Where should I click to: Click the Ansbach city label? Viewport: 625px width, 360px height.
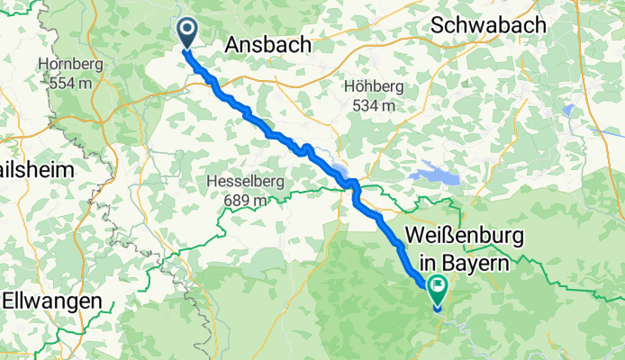click(x=267, y=45)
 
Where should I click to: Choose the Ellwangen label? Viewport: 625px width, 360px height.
click(x=51, y=301)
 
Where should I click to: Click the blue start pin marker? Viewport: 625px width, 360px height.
click(x=187, y=32)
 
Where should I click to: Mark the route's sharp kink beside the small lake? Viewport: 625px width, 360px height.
click(x=353, y=185)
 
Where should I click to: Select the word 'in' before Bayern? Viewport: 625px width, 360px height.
click(x=421, y=264)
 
